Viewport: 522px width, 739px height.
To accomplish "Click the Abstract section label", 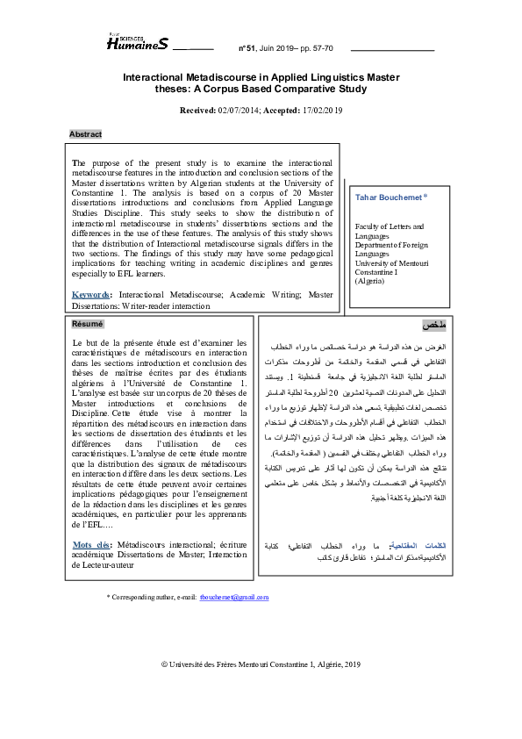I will coord(86,134).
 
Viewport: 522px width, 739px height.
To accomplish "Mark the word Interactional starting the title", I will coord(159,78).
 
